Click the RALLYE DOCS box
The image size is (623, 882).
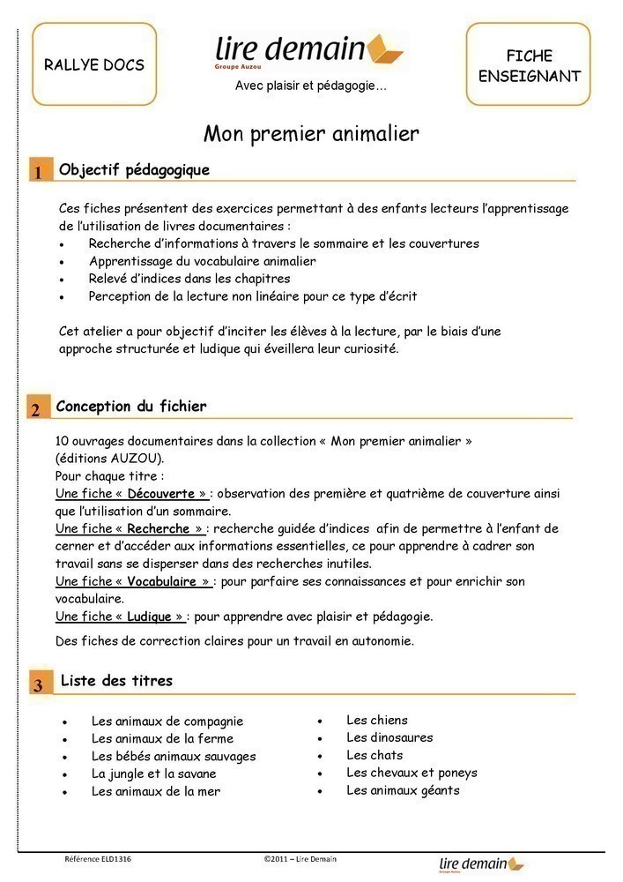pyautogui.click(x=93, y=64)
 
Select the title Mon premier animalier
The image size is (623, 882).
pyautogui.click(x=311, y=134)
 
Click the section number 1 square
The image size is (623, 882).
pyautogui.click(x=39, y=171)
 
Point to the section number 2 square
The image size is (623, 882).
pyautogui.click(x=36, y=408)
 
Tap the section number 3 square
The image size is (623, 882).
pyautogui.click(x=39, y=684)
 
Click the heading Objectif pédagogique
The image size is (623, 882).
pyautogui.click(x=134, y=169)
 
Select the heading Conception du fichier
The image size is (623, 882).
pyautogui.click(x=131, y=407)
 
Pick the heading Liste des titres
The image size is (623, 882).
pyautogui.click(x=116, y=681)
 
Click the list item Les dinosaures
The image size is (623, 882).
pyautogui.click(x=389, y=737)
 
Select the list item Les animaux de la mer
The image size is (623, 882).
pyautogui.click(x=155, y=791)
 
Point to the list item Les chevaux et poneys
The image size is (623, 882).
pyautogui.click(x=412, y=773)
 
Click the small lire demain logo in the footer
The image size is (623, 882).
pyautogui.click(x=480, y=864)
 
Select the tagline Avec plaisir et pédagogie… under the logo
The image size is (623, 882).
pyautogui.click(x=310, y=86)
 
